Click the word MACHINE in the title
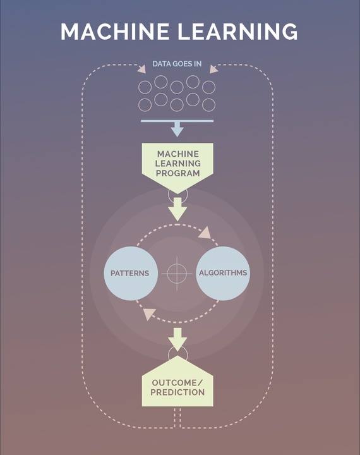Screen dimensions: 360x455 [x=115, y=32]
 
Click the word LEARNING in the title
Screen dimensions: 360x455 [x=237, y=32]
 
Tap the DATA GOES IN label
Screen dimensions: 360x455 [x=177, y=64]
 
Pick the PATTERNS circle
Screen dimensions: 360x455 [x=131, y=273]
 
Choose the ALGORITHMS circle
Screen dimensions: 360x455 [x=223, y=273]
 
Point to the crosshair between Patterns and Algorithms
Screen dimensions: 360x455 [x=177, y=274]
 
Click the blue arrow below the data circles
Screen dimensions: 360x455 [x=177, y=130]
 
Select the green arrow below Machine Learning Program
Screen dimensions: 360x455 [x=177, y=209]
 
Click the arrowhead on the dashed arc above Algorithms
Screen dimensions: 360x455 [x=205, y=233]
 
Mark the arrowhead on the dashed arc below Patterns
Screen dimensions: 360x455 [x=150, y=314]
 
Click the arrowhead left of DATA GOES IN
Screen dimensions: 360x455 [x=142, y=70]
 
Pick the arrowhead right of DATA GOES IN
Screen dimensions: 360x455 [x=213, y=70]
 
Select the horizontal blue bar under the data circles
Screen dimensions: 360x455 [x=177, y=121]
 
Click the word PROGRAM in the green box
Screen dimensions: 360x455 [x=178, y=174]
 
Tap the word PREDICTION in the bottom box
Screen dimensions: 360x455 [x=177, y=392]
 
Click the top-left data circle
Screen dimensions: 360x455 [x=145, y=87]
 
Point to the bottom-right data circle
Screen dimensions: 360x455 [x=208, y=105]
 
